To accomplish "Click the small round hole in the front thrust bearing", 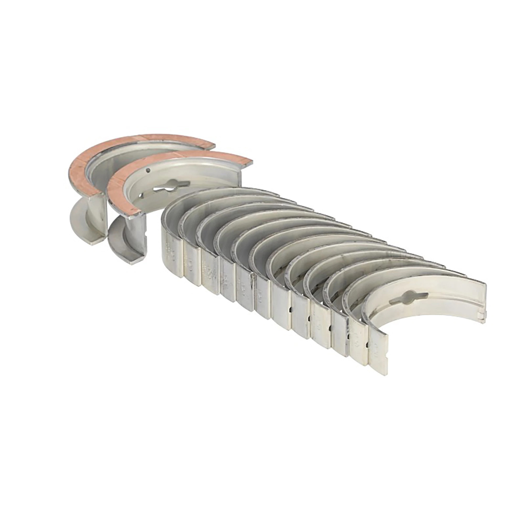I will point(148,171).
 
